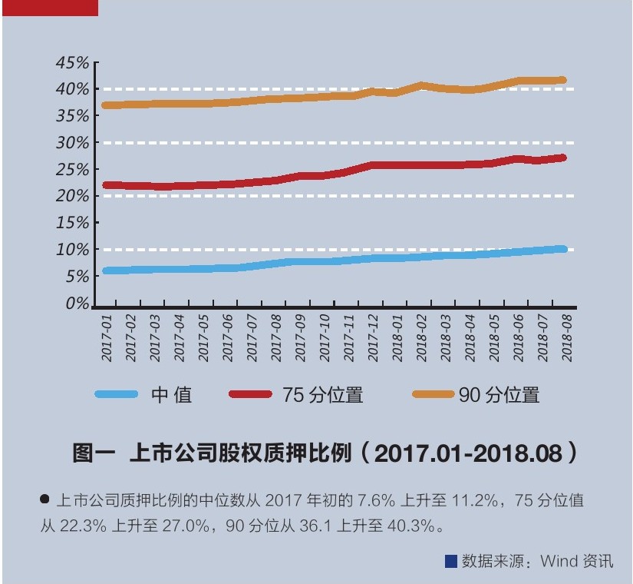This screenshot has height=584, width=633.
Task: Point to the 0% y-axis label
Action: coord(77,304)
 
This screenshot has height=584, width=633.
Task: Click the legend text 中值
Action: coord(172,395)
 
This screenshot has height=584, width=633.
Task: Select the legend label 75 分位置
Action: coord(322,395)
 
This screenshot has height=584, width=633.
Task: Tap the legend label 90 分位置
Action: coord(499,395)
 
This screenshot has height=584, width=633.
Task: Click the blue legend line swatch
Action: coord(117,394)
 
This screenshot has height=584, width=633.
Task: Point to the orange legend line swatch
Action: coord(434,394)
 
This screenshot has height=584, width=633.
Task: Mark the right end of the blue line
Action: coord(562,249)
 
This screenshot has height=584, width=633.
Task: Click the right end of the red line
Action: coord(562,158)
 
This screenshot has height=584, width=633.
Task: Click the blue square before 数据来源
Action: coord(451,560)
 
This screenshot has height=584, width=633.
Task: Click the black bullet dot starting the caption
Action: coord(45,500)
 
